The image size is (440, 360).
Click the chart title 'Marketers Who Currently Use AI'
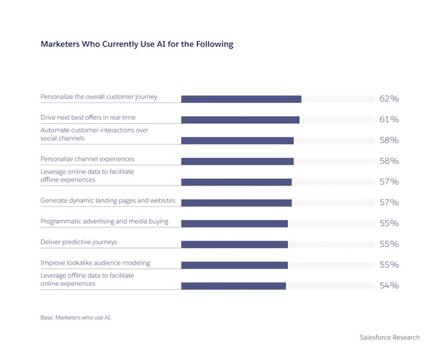[x=137, y=44]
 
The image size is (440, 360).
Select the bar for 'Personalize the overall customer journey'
[x=241, y=99]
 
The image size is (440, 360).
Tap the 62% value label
[x=389, y=99]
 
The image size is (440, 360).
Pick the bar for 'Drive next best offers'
[x=240, y=120]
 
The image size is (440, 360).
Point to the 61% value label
[x=389, y=120]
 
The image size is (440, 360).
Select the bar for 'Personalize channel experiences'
[x=237, y=161]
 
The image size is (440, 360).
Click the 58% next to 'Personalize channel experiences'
[x=389, y=161]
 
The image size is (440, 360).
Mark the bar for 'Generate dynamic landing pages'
[x=236, y=203]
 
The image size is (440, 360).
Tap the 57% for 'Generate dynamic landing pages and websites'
[x=389, y=203]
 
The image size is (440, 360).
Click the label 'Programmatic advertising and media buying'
[x=104, y=222]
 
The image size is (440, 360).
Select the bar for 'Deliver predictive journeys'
[x=234, y=244]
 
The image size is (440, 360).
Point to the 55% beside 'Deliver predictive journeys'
[x=389, y=244]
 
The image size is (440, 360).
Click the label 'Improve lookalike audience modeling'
[x=95, y=263]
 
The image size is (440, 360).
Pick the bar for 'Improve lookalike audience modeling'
[x=234, y=265]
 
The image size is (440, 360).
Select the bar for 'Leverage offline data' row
[x=233, y=286]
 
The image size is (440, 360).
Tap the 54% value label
[x=389, y=286]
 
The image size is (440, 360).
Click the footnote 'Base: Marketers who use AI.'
[x=75, y=317]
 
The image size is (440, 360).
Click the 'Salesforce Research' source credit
[x=390, y=337]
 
